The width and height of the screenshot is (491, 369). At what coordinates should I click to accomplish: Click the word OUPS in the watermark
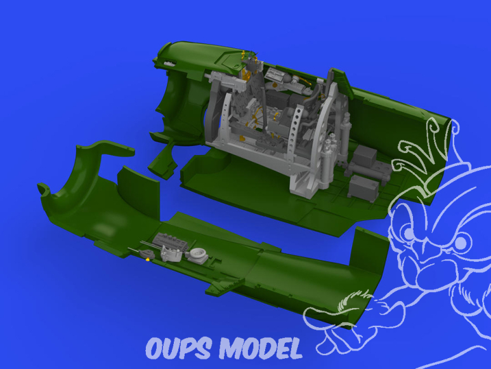click(x=178, y=348)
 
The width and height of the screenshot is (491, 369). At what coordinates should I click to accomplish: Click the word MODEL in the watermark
click(x=261, y=348)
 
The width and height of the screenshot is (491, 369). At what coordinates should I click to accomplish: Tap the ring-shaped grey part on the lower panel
click(x=198, y=253)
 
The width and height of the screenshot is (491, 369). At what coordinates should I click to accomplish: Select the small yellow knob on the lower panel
click(x=147, y=258)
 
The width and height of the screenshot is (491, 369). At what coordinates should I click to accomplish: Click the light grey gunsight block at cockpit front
click(x=225, y=80)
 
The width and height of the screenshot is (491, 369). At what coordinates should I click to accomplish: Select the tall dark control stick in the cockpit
click(x=263, y=104)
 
